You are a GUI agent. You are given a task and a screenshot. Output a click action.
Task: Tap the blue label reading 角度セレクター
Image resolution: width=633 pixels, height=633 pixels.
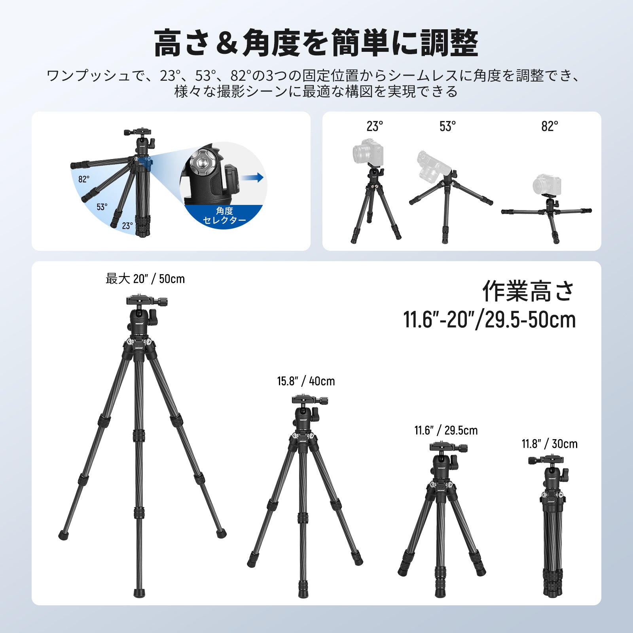[224, 216]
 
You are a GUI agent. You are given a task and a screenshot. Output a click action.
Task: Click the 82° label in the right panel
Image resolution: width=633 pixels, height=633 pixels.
[550, 126]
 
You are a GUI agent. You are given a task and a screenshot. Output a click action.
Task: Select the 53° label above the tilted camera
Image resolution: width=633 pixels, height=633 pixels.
[447, 126]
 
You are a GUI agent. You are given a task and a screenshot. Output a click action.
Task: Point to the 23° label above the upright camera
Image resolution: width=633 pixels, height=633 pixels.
[374, 126]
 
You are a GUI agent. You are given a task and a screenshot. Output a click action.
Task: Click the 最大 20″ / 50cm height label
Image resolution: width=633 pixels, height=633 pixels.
[145, 279]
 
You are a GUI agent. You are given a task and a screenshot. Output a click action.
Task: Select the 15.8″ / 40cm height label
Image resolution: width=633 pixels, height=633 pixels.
[306, 381]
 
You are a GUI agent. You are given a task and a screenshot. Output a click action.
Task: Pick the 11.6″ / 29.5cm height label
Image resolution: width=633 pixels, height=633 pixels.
[446, 430]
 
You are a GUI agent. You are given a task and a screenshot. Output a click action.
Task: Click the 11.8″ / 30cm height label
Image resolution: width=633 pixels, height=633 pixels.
[550, 444]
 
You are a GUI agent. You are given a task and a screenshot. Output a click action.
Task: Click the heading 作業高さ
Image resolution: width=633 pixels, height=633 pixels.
[528, 292]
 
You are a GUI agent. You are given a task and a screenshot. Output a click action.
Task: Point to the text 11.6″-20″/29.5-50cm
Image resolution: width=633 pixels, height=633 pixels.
[489, 320]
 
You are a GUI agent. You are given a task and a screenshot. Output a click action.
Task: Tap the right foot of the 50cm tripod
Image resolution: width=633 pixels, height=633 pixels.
[222, 534]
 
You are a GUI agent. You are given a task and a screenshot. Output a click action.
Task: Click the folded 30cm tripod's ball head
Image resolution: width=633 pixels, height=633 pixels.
[552, 475]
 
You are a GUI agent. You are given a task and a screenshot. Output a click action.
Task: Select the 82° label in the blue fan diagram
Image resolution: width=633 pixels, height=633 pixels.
[83, 179]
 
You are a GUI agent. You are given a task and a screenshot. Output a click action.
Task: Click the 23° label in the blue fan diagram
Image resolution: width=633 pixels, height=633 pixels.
[127, 226]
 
